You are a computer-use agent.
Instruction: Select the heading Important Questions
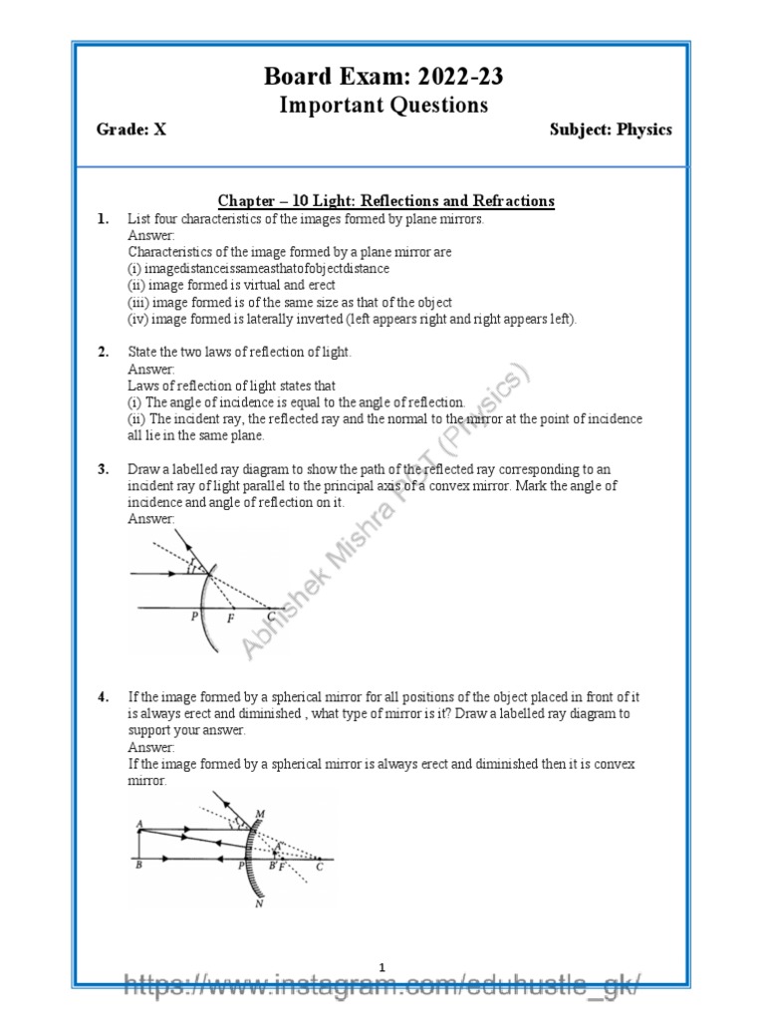pyautogui.click(x=382, y=105)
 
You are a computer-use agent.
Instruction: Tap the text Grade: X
pyautogui.click(x=130, y=129)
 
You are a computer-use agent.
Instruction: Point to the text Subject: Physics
pyautogui.click(x=611, y=129)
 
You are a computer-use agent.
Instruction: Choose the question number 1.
pyautogui.click(x=103, y=219)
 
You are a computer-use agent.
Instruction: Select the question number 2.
pyautogui.click(x=103, y=353)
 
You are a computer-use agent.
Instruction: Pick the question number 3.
pyautogui.click(x=103, y=469)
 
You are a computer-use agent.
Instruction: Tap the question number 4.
pyautogui.click(x=103, y=697)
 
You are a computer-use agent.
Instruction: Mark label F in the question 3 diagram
pyautogui.click(x=231, y=618)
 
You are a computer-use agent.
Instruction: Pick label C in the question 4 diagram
pyautogui.click(x=320, y=867)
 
